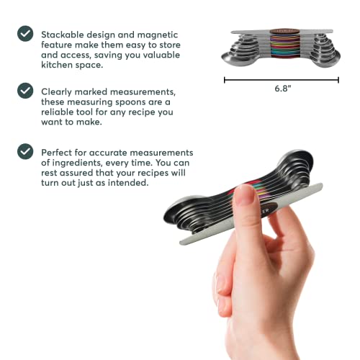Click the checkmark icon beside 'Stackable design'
(x=25, y=33)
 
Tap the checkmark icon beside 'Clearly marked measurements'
(x=25, y=90)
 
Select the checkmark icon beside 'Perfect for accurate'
(x=25, y=151)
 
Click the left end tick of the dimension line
(x=225, y=79)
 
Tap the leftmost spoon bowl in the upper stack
(x=237, y=63)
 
